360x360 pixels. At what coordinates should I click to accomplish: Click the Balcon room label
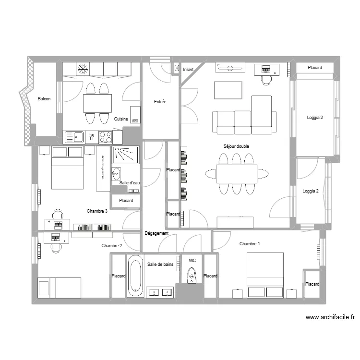[44, 99]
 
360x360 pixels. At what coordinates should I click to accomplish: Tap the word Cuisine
[121, 119]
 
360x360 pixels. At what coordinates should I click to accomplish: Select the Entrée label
[160, 102]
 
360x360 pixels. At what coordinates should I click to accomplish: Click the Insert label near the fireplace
[188, 70]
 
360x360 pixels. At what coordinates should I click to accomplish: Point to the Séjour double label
[236, 146]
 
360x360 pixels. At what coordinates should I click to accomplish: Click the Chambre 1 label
[250, 244]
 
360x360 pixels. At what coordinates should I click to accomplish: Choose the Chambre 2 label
[112, 246]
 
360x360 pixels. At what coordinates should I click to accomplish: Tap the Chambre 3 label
[97, 211]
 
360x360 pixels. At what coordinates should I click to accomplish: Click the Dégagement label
[156, 233]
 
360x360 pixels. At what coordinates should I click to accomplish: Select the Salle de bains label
[160, 264]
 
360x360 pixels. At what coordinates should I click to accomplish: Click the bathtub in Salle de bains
[135, 276]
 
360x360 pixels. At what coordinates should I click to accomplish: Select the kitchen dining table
[97, 103]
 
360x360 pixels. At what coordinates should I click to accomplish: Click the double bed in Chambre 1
[265, 276]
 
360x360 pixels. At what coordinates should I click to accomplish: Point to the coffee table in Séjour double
[228, 90]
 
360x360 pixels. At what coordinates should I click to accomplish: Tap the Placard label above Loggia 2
[315, 68]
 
